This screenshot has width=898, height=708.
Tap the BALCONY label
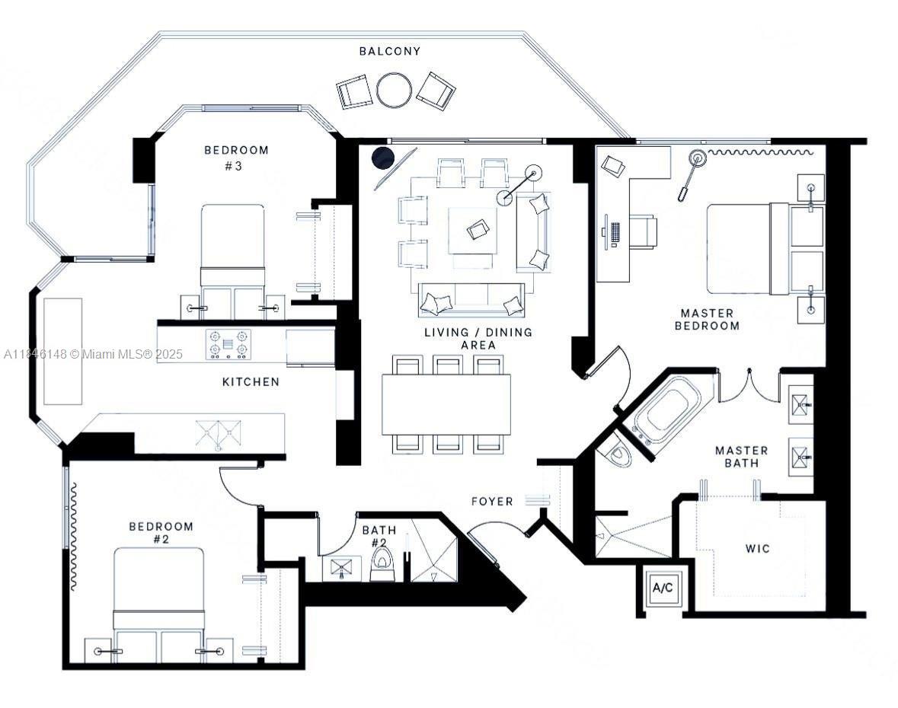pyautogui.click(x=390, y=51)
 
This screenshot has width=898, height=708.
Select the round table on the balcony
pyautogui.click(x=394, y=90)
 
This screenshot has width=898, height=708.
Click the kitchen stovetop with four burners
pyautogui.click(x=228, y=343)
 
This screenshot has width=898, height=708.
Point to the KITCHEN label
pyautogui.click(x=251, y=381)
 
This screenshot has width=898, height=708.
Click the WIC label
pyautogui.click(x=758, y=548)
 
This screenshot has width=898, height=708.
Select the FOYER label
pyautogui.click(x=492, y=501)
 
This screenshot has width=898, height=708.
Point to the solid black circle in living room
pyautogui.click(x=382, y=158)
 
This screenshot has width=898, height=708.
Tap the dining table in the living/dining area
pyautogui.click(x=446, y=404)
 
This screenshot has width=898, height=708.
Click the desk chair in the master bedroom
pyautogui.click(x=644, y=231)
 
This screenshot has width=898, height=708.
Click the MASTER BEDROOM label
pyautogui.click(x=710, y=319)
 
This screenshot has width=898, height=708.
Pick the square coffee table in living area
pyautogui.click(x=473, y=230)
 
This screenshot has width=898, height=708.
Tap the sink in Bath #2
pyautogui.click(x=342, y=567)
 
